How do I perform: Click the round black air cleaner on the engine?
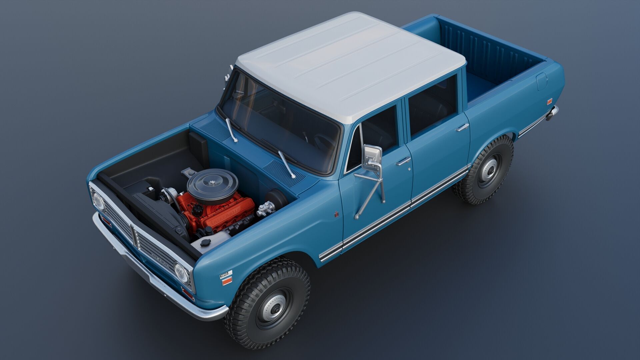coord(213,184)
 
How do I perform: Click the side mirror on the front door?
coord(372,158)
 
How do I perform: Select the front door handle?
coord(403,161)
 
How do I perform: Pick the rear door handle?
coord(462,127)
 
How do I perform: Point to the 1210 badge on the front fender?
coord(224,275)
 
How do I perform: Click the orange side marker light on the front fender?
coord(227,282)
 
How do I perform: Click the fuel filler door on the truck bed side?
coord(542,81)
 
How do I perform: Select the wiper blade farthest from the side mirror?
coord(231,130)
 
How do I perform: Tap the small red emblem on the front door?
coord(337,215)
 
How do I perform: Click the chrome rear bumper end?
coord(552,113)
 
